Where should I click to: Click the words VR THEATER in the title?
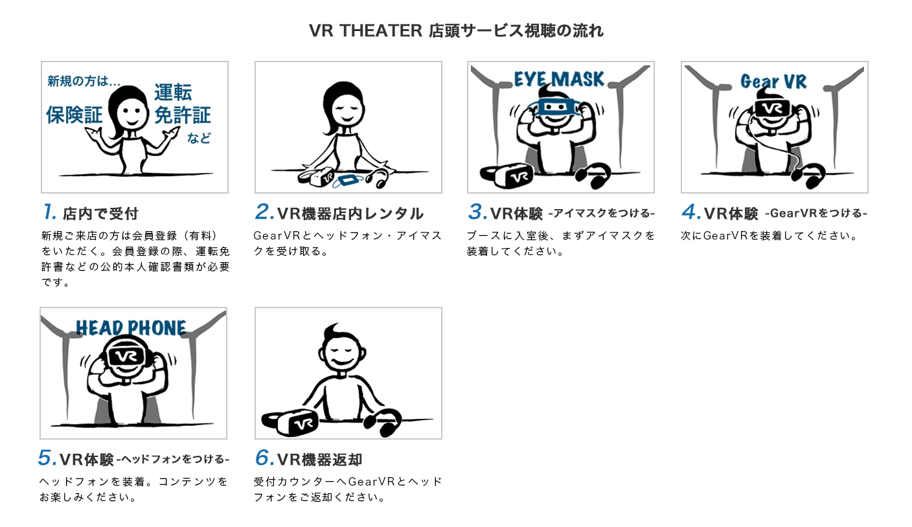pyautogui.click(x=365, y=31)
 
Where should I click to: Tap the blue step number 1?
pyautogui.click(x=50, y=212)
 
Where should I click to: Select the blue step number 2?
pyautogui.click(x=264, y=212)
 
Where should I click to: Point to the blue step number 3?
pyautogui.click(x=477, y=212)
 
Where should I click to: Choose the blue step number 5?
pyautogui.click(x=47, y=458)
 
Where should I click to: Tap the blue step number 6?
pyautogui.click(x=264, y=458)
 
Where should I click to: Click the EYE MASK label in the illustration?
pyautogui.click(x=559, y=79)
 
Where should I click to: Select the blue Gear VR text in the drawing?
pyautogui.click(x=773, y=81)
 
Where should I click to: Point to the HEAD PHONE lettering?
pyautogui.click(x=131, y=328)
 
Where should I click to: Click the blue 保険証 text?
pyautogui.click(x=74, y=115)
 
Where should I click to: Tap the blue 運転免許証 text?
pyautogui.click(x=182, y=104)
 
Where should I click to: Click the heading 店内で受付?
pyautogui.click(x=100, y=214)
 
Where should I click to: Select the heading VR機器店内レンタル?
pyautogui.click(x=350, y=214)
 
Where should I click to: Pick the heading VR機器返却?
pyautogui.click(x=319, y=460)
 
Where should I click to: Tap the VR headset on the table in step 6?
pyautogui.click(x=290, y=422)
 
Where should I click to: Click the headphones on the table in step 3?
pyautogui.click(x=593, y=176)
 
